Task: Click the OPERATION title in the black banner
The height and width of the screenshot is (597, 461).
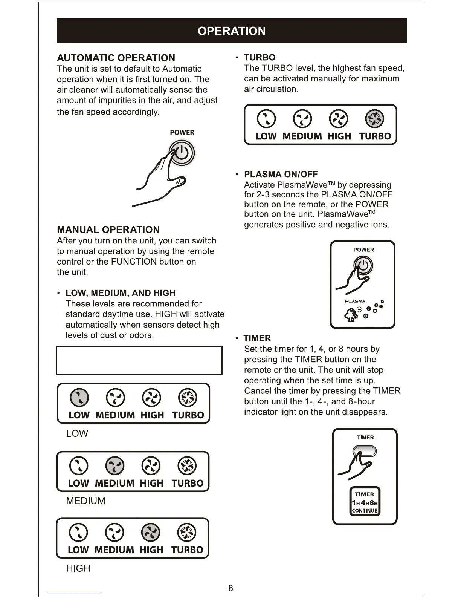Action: [x=231, y=31]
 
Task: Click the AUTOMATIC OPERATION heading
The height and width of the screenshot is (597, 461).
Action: [x=116, y=58]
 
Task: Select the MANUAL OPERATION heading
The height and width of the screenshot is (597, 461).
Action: [x=108, y=230]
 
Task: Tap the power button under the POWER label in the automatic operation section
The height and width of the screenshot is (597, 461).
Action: [x=182, y=153]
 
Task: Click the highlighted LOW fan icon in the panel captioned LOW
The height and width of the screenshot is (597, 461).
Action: [x=79, y=398]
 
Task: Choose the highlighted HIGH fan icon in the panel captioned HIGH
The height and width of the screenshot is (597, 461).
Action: [x=150, y=533]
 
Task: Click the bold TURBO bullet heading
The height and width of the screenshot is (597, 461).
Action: [x=260, y=57]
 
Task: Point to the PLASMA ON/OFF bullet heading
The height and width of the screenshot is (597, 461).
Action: [x=281, y=174]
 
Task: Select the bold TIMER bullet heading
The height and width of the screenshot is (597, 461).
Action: [x=257, y=338]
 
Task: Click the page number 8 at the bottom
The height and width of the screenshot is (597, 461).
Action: [x=231, y=588]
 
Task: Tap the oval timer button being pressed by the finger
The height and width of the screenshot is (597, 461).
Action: [x=365, y=451]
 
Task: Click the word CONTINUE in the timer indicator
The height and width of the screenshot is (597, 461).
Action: [x=365, y=511]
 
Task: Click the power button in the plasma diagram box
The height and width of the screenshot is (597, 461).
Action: [x=363, y=265]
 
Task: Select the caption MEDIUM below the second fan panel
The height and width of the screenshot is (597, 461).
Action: [x=85, y=501]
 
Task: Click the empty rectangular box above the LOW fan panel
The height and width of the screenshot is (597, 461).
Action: [x=139, y=360]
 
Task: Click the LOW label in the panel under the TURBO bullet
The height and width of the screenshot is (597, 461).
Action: [x=266, y=136]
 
